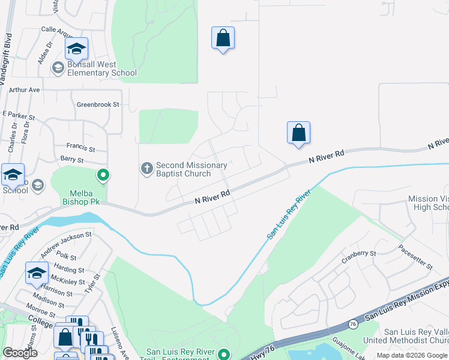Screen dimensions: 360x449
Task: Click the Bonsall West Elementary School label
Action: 101,68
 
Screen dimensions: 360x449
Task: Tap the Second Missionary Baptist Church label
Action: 191,169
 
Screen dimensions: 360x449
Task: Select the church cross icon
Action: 147,169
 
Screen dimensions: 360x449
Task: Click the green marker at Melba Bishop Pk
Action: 103,175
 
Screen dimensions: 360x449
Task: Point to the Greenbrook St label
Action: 98,104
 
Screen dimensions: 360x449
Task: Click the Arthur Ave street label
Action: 24,89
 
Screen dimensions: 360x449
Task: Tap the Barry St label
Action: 72,160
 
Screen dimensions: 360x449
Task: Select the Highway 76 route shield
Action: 353,324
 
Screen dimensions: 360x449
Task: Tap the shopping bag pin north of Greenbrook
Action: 223,38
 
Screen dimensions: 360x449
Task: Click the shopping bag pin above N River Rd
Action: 298,133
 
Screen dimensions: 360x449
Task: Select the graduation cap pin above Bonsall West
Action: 76,49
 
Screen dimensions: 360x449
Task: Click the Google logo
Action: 20,353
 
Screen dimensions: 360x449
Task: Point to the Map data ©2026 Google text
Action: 411,355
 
